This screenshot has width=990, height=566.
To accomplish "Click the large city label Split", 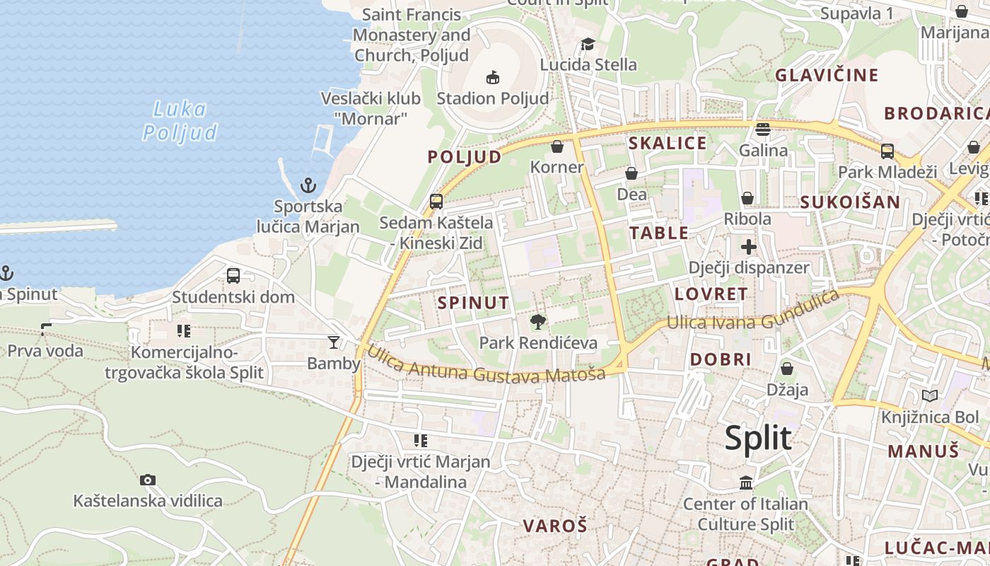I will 758,439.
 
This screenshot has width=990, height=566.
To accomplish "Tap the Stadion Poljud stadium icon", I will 493,77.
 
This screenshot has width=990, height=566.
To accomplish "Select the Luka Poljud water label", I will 180,120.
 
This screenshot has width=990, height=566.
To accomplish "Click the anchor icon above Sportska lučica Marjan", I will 308,185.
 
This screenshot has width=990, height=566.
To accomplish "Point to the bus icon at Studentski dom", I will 233,276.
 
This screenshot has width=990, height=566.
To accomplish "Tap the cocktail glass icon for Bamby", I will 333,342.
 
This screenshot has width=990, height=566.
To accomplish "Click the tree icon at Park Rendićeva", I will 538,323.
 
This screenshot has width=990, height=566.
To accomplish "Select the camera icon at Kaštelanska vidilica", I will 147,480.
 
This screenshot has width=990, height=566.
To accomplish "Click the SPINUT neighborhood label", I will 473,303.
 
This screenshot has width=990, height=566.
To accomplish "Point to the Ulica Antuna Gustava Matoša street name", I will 486,363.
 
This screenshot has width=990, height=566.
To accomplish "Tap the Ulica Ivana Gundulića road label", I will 754,314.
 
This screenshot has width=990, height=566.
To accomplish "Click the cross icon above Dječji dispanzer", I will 749,247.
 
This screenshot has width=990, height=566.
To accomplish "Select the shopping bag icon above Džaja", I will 787,369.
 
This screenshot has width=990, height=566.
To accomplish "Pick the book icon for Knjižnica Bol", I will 930,396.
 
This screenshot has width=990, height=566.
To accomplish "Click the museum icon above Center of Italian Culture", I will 746,483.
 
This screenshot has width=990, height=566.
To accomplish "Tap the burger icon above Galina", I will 762,129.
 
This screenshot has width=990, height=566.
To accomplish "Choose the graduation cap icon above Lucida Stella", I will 588,45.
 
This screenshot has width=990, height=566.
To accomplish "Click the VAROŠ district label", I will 555,526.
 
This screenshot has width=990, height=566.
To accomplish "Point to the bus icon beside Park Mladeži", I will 887,151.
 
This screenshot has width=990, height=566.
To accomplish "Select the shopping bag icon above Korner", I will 557,146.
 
